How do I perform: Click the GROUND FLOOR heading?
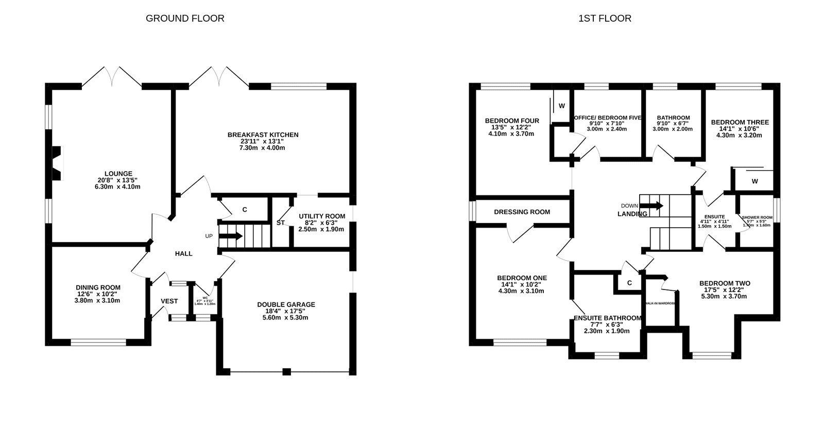coord(185,19)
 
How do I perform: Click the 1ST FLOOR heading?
coord(605,19)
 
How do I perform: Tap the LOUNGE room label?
coord(118,174)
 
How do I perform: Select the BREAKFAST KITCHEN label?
coord(263,135)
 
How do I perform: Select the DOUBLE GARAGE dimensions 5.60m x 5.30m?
coord(286,318)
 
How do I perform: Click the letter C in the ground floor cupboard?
coord(245,210)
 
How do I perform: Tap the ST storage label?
coord(280,223)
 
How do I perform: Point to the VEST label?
coord(169,301)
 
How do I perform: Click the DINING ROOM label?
coord(98,288)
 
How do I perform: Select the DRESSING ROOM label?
coord(522,212)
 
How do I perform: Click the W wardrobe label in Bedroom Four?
coord(562,106)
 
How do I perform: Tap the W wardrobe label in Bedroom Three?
coord(754,181)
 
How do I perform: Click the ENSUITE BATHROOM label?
coord(607,318)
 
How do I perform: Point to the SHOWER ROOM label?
coord(757,217)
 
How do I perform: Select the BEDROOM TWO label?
coord(724,283)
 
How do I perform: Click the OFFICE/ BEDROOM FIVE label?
coord(607,118)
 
